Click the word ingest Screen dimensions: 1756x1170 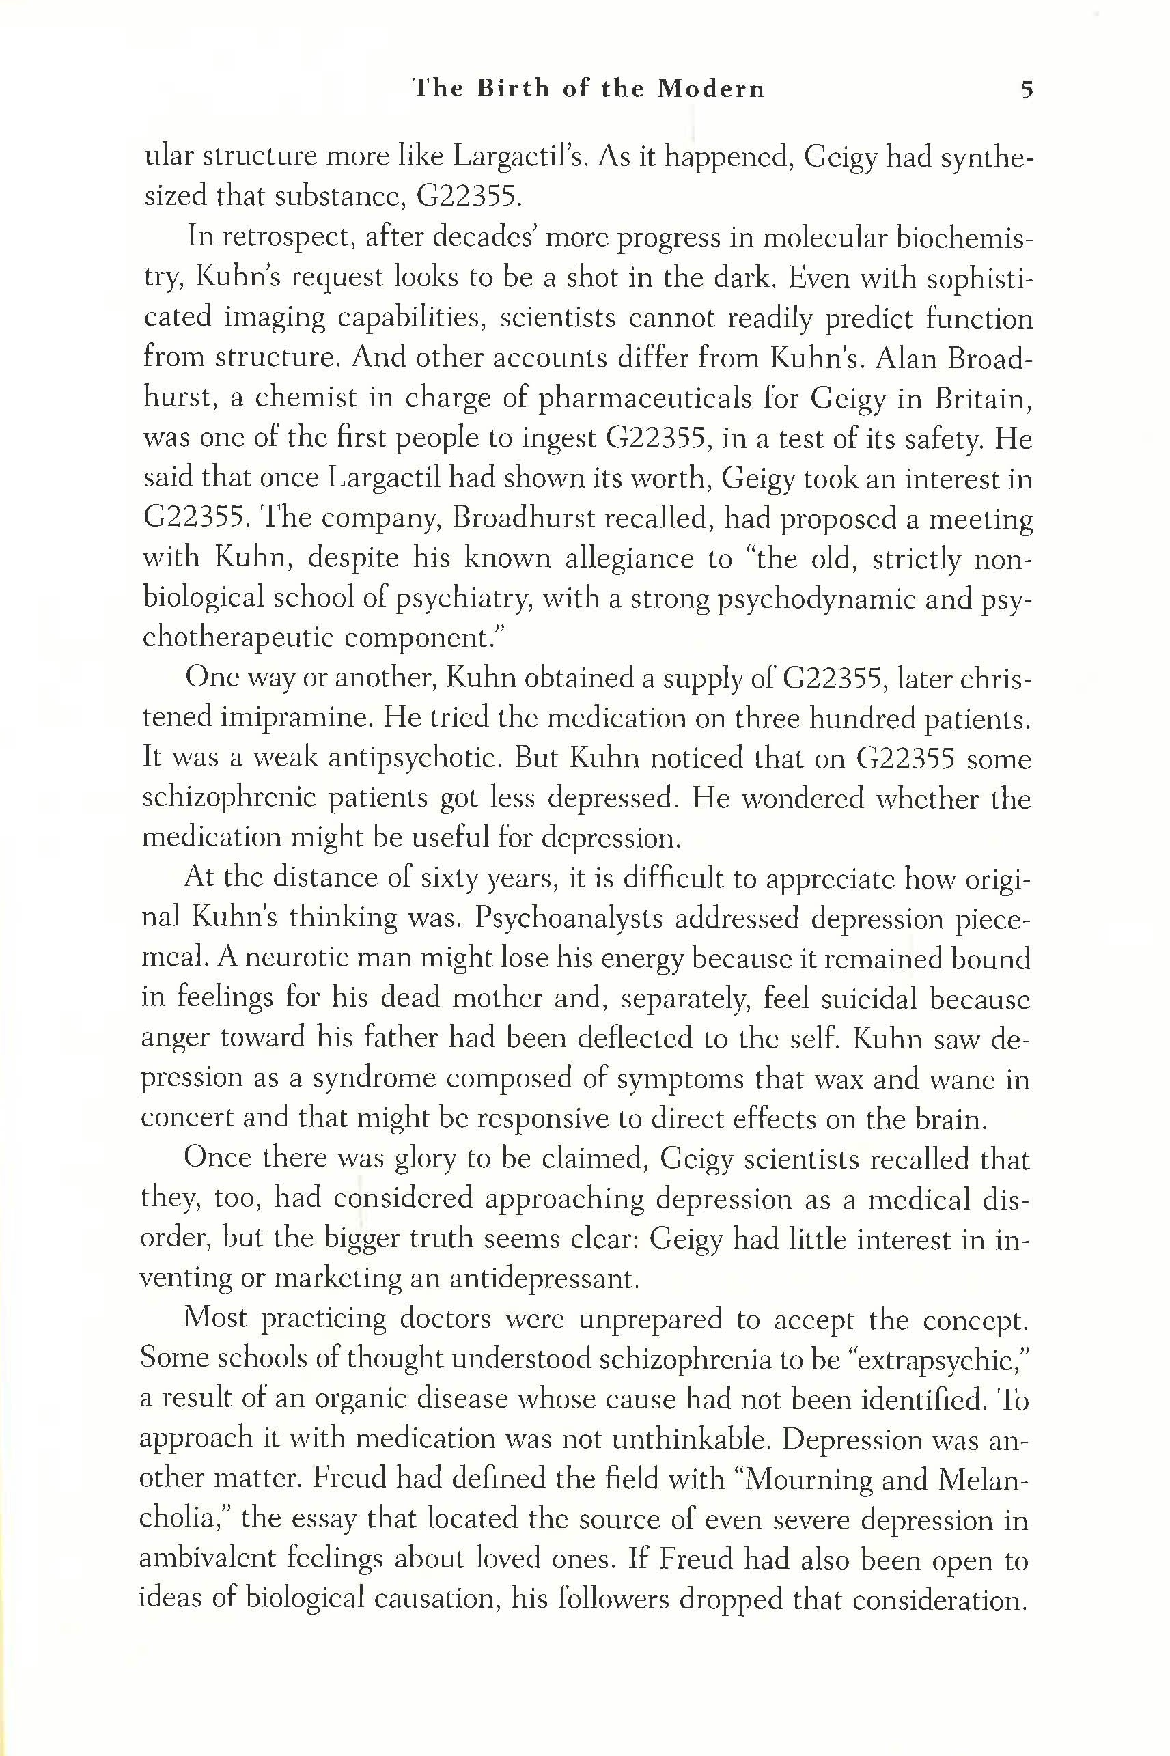click(542, 439)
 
